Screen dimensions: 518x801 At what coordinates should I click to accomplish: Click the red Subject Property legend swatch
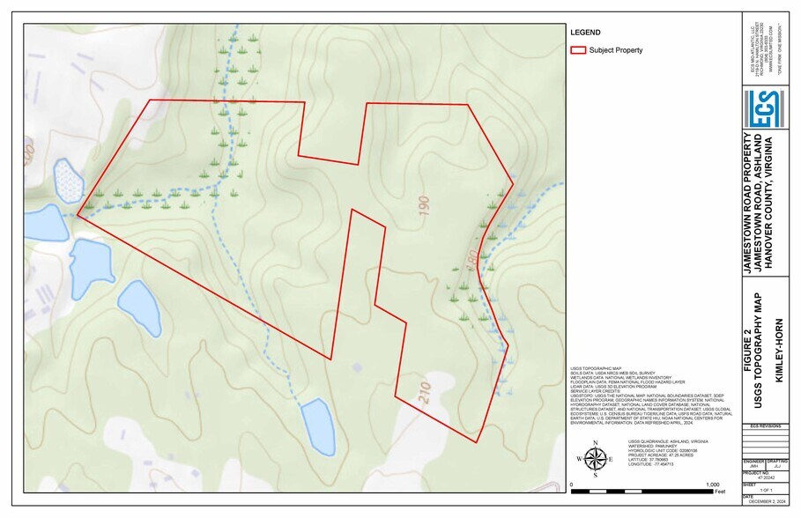(x=578, y=50)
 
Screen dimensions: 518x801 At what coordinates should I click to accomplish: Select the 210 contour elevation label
(x=425, y=396)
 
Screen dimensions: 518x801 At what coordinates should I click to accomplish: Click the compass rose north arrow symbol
(x=596, y=458)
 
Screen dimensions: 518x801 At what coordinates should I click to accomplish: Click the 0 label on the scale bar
(x=574, y=485)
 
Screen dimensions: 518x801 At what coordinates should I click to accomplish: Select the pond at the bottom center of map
(x=317, y=425)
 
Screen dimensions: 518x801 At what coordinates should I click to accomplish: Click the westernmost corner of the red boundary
(x=78, y=214)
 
